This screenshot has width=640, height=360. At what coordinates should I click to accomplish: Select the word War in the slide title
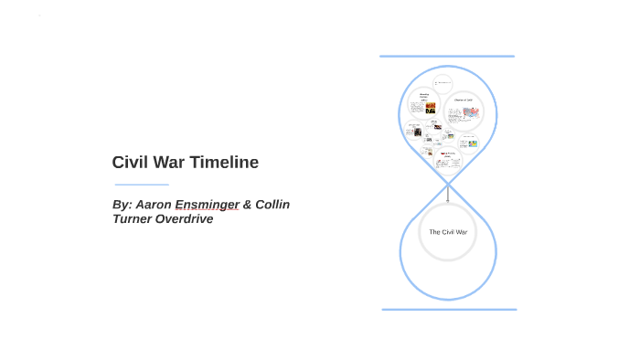click(x=170, y=163)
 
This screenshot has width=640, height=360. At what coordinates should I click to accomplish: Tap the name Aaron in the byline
click(x=152, y=205)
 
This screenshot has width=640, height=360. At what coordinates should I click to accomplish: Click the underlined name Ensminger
click(x=207, y=205)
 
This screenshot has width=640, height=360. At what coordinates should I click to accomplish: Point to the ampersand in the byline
click(x=247, y=205)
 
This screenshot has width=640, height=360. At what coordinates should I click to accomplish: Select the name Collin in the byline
click(x=272, y=205)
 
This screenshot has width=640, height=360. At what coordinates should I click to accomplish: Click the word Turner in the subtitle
click(x=134, y=219)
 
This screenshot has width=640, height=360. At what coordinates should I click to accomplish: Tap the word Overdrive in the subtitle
click(x=187, y=219)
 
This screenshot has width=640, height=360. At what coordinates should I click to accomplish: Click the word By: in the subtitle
click(x=122, y=205)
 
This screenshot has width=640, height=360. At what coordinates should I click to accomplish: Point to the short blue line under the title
click(x=142, y=185)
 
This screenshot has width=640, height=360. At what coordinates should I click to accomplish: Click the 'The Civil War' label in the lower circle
click(x=448, y=232)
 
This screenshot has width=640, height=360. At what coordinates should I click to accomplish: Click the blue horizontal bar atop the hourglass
click(x=447, y=57)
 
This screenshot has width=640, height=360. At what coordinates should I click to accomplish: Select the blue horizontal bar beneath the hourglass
click(x=449, y=310)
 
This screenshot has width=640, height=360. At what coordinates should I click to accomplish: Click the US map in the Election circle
click(x=471, y=113)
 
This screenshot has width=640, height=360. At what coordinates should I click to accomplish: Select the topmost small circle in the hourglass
click(x=443, y=83)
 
